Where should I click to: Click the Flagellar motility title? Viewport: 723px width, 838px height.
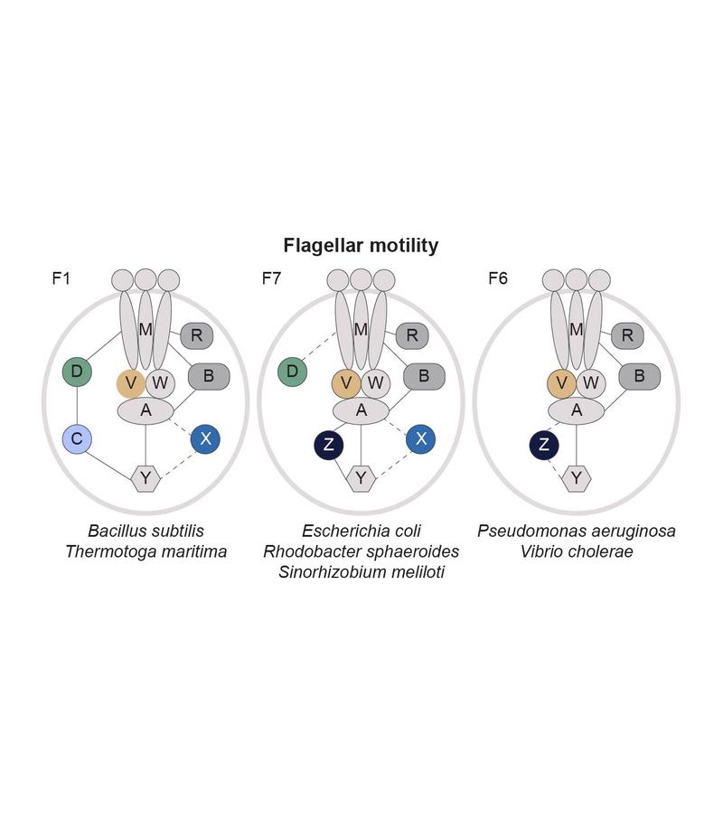coord(361,245)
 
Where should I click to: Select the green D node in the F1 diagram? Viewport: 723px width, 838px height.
coord(77,371)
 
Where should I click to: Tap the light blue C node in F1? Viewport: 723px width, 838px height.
coord(77,439)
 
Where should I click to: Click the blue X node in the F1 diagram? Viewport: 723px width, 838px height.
coord(206,439)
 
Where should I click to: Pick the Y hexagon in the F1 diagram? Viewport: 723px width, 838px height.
coord(146,476)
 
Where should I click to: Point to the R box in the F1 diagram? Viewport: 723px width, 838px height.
coord(196,336)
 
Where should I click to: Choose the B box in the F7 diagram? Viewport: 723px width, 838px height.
coord(423,376)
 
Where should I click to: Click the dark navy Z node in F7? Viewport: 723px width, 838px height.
coord(328,445)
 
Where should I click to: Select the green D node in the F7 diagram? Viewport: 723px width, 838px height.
coord(292,371)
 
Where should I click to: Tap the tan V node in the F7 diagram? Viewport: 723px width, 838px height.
coord(346,383)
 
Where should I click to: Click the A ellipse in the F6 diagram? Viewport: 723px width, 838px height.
coord(577,410)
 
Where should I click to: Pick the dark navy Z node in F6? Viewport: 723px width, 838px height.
coord(543,445)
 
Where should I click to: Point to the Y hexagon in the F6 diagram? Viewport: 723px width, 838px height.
coord(576,476)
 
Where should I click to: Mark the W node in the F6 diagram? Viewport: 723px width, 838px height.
coord(591,383)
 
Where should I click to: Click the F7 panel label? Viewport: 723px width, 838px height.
coord(271,278)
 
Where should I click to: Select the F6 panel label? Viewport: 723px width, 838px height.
coord(497,278)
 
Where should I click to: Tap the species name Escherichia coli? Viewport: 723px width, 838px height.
coord(361,531)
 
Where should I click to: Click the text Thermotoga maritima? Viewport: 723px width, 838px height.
coord(146,551)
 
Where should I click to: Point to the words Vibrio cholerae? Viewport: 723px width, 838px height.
coord(576,551)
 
